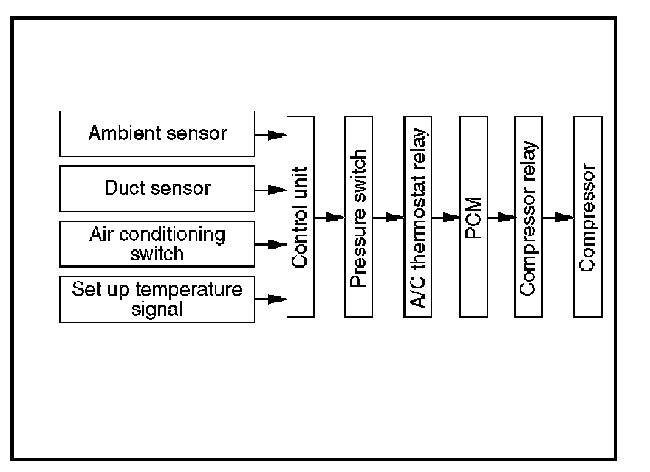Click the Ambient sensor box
point(157,134)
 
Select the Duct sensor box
point(157,189)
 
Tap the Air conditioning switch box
point(157,243)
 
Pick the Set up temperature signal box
point(157,298)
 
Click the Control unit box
point(300,217)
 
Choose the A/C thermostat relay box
point(417,217)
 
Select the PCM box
point(473,217)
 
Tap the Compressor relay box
point(527,217)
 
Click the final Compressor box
point(588,217)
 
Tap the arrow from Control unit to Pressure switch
point(329,218)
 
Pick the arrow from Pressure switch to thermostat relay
point(388,218)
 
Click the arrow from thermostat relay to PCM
point(445,218)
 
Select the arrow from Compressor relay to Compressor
point(558,218)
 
